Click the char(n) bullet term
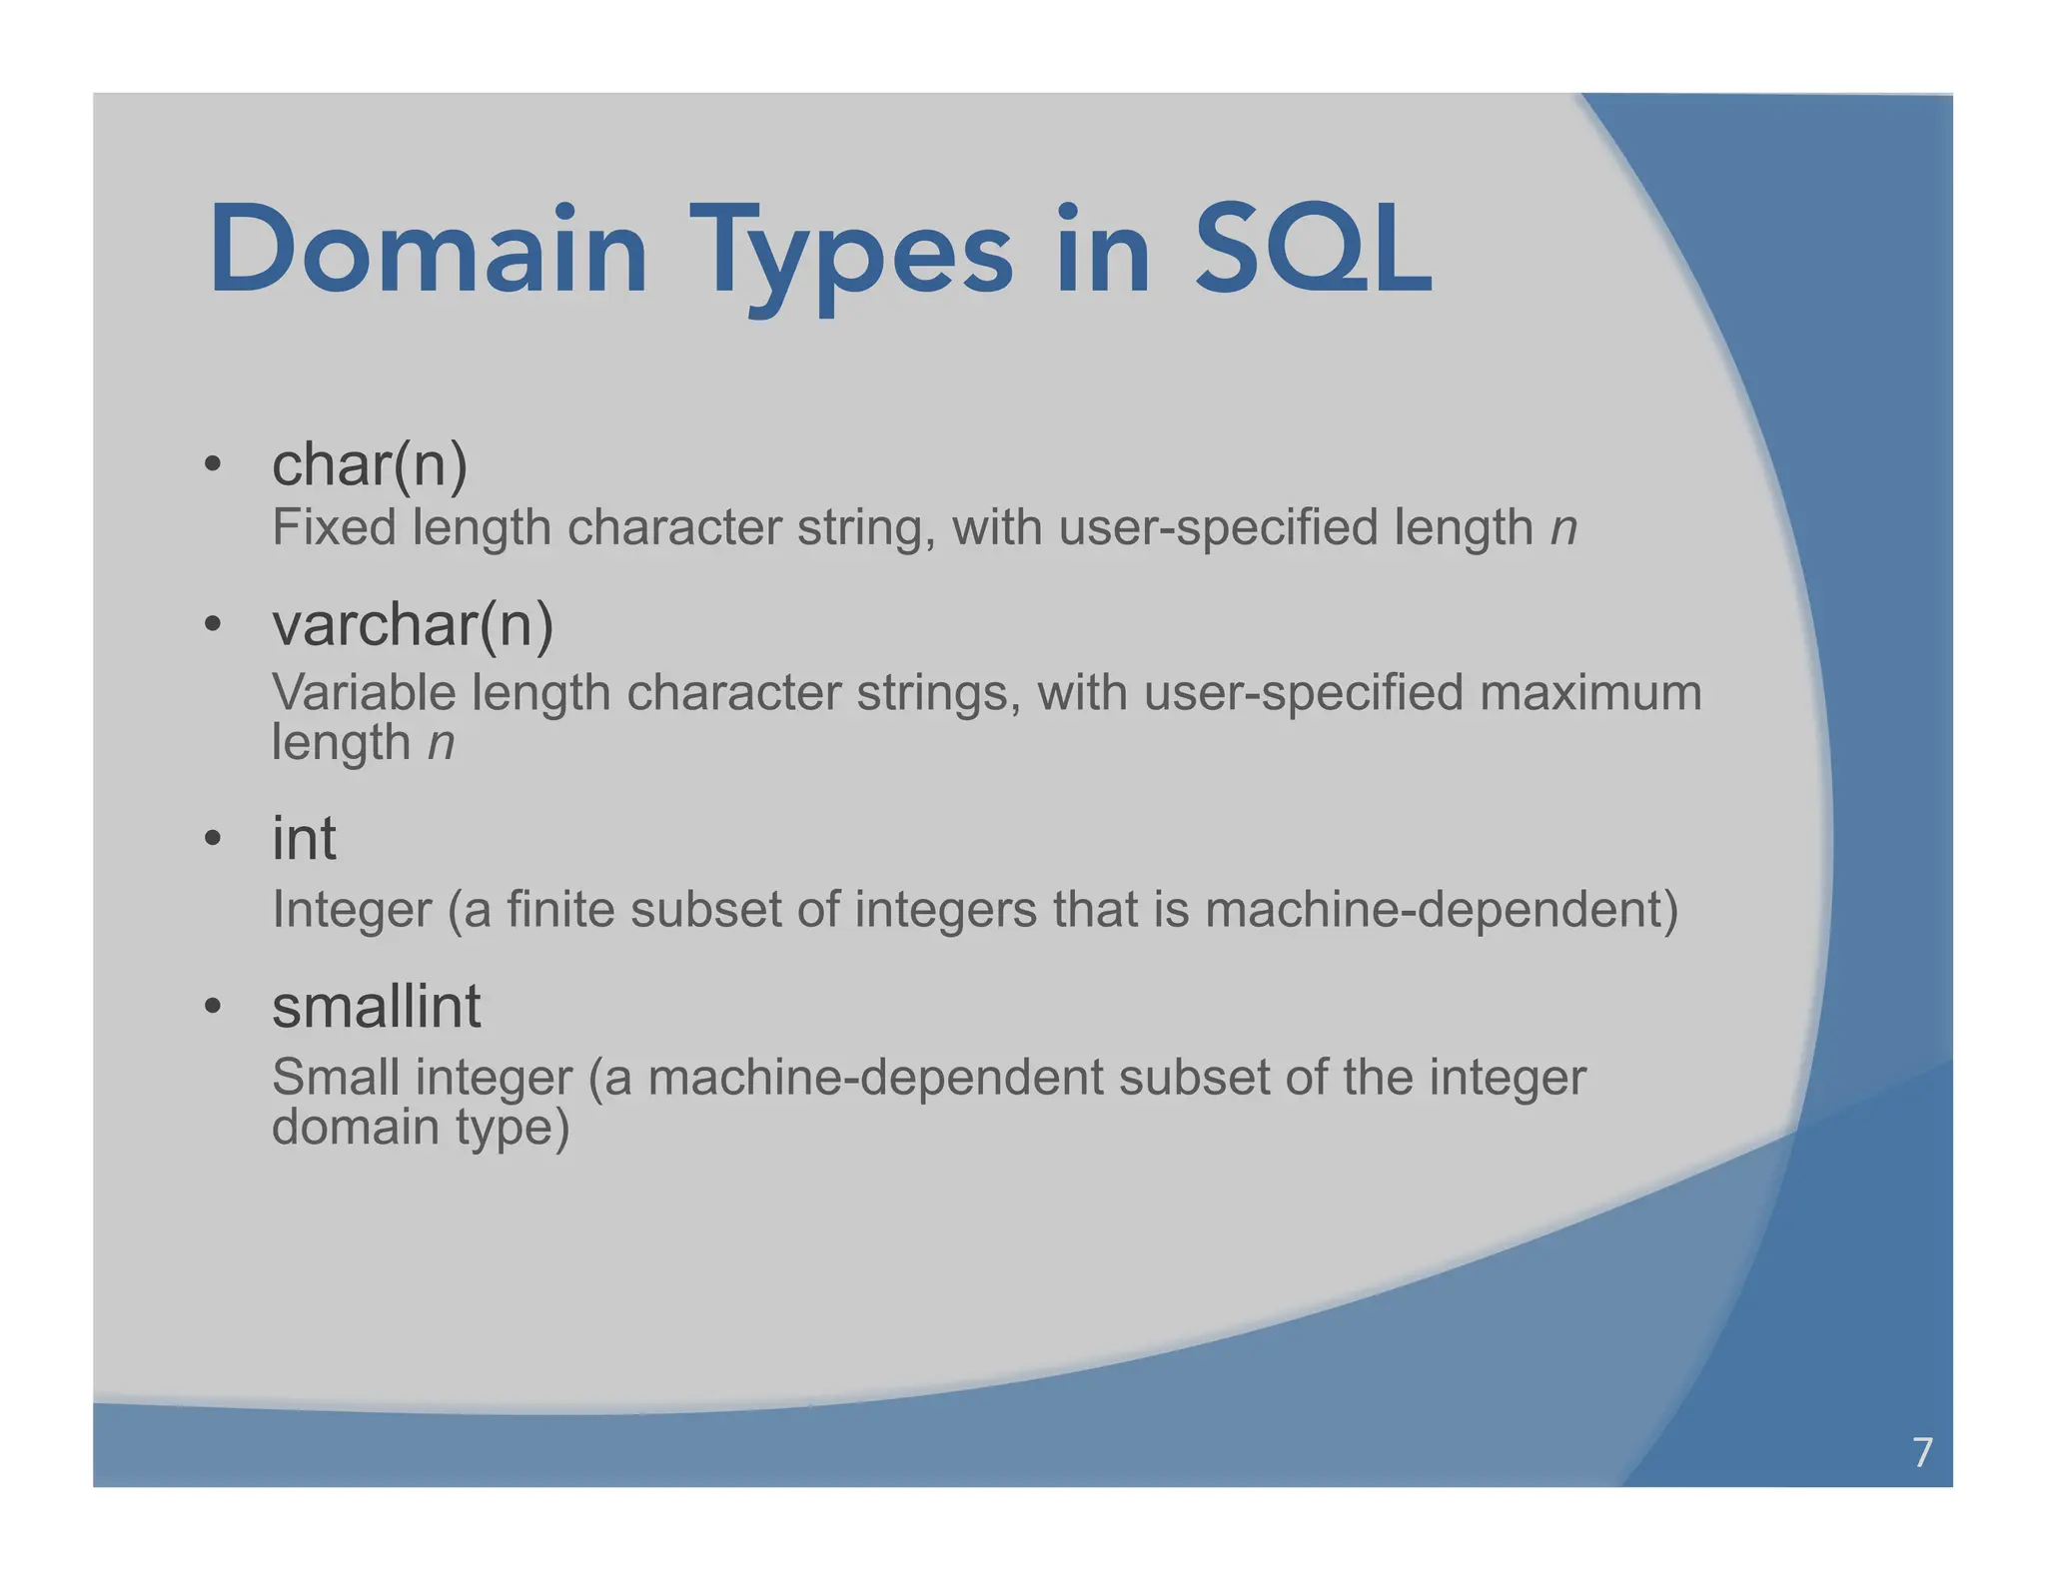(x=370, y=465)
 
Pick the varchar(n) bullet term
(x=413, y=625)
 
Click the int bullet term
(x=304, y=838)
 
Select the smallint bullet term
(x=376, y=1006)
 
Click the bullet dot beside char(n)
(x=212, y=464)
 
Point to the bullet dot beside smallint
(x=212, y=1006)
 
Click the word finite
(x=559, y=910)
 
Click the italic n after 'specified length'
(x=1563, y=529)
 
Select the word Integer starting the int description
(x=352, y=911)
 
